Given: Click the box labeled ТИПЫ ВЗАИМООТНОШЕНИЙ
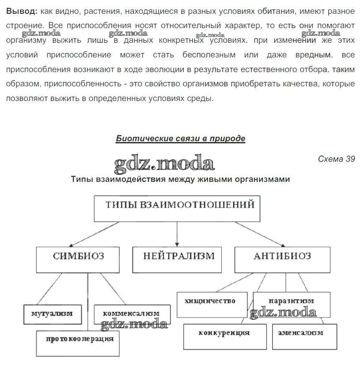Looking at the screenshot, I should point(177,208).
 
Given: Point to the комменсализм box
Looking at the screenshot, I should point(132,313).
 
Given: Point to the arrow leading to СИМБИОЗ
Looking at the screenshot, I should point(94,234).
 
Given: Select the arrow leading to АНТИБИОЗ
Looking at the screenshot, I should point(260,234).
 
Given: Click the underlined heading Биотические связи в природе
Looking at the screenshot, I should point(180,139).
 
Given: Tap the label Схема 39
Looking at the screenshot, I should point(336,159).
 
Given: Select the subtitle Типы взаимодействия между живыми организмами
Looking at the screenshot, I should point(180,179).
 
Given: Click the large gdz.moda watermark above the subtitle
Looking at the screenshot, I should point(164,163).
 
